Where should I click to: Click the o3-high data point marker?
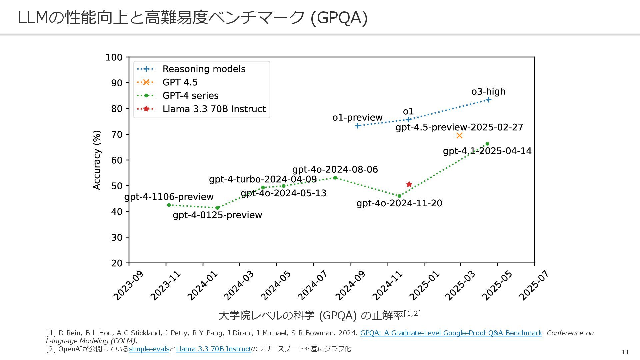click(x=488, y=100)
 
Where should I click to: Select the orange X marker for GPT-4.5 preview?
click(x=459, y=135)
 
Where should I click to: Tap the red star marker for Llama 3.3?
click(x=409, y=184)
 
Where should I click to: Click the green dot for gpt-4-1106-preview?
click(x=169, y=205)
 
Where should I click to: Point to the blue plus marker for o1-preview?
click(x=357, y=126)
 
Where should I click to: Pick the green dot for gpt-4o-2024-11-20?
click(x=399, y=196)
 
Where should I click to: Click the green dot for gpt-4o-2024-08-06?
click(x=335, y=178)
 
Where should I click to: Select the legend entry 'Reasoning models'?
click(x=204, y=69)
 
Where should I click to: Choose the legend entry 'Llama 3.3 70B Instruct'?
click(x=214, y=109)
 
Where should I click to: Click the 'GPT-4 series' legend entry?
click(x=190, y=96)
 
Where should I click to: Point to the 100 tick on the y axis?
click(x=114, y=57)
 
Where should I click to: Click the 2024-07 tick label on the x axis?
click(x=313, y=285)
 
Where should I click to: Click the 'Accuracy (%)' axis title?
click(x=97, y=160)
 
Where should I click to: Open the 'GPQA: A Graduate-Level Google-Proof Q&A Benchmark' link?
click(x=451, y=333)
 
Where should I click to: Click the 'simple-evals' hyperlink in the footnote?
click(x=149, y=349)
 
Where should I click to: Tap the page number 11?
click(x=625, y=352)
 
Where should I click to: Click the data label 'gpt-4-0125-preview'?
click(x=217, y=215)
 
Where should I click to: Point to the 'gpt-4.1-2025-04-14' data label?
click(x=487, y=151)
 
